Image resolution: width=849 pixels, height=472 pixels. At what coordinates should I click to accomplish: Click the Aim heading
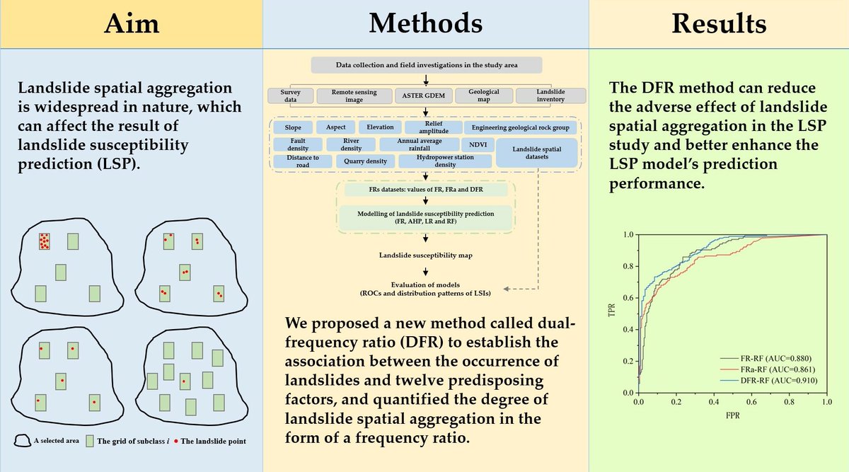point(132,24)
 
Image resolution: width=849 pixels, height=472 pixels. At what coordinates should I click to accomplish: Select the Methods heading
point(426,24)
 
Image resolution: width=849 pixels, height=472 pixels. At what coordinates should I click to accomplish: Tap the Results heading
point(719,24)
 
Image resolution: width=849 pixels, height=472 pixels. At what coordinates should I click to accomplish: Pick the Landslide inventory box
point(550,96)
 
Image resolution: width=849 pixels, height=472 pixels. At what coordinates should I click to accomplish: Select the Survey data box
point(290,96)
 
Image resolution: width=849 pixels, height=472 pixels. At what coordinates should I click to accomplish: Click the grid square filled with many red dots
point(45,241)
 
